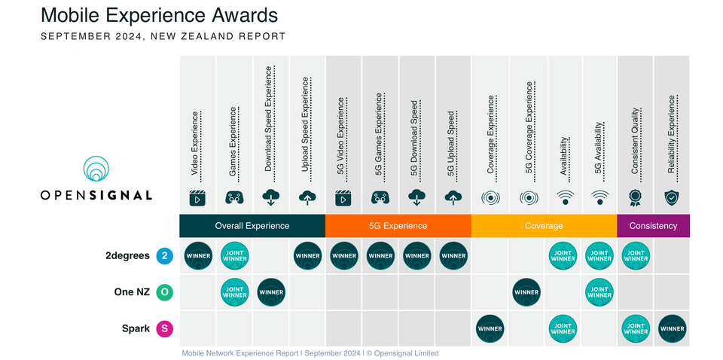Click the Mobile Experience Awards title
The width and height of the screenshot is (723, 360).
click(159, 15)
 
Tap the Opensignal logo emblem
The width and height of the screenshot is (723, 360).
click(96, 170)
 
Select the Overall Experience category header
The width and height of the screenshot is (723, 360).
click(252, 225)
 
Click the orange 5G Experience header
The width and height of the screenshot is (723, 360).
click(398, 225)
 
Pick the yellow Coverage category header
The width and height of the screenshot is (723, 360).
click(544, 225)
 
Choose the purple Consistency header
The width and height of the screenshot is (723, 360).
click(653, 225)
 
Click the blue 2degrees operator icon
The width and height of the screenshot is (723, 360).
click(165, 256)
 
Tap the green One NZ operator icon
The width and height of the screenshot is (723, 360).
click(165, 292)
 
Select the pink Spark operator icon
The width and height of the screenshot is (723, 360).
click(165, 328)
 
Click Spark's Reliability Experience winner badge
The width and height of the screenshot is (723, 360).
click(672, 328)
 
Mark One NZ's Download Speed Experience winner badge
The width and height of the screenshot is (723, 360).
click(271, 292)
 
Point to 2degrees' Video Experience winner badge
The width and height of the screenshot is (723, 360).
click(198, 256)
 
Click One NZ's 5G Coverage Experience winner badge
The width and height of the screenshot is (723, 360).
click(526, 292)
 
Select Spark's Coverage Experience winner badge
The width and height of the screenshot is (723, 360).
click(490, 328)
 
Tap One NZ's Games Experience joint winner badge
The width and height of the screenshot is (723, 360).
click(234, 292)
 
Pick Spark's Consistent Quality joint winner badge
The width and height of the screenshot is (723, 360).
click(636, 328)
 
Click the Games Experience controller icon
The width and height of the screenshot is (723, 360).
click(234, 197)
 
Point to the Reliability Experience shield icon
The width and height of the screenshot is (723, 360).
click(672, 197)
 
